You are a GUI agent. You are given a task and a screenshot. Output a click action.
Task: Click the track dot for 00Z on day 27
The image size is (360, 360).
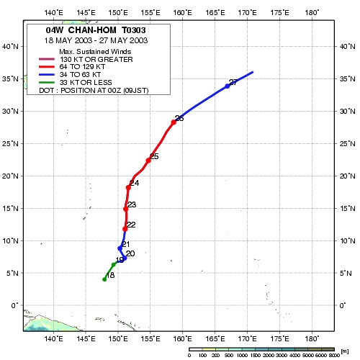(x=228, y=86)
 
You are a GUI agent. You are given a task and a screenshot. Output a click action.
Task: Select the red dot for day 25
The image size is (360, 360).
(x=148, y=161)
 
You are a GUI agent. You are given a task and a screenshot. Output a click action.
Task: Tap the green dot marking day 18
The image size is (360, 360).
(x=104, y=279)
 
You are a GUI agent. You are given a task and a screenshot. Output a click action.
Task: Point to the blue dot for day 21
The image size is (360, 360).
(x=120, y=248)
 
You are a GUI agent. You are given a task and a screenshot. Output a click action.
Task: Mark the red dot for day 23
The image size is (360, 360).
(x=125, y=209)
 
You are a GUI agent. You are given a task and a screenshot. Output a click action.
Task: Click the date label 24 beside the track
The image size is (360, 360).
(x=135, y=183)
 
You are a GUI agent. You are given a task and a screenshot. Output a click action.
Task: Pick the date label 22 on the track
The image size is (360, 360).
(x=131, y=225)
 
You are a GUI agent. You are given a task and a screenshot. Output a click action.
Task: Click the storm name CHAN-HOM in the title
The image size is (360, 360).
(x=92, y=30)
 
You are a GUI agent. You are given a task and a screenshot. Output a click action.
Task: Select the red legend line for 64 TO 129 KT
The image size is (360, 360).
(x=47, y=67)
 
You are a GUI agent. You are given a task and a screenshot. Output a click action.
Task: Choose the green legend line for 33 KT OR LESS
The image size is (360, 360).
(x=47, y=83)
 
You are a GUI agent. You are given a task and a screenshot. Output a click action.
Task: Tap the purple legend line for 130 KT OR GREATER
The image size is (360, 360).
(x=47, y=59)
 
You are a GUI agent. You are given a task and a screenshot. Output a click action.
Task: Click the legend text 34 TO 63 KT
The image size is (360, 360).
(x=80, y=75)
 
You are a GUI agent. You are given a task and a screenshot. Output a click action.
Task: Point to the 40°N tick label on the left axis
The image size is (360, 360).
(x=10, y=46)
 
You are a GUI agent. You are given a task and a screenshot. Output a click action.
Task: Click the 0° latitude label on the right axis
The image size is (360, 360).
(x=343, y=305)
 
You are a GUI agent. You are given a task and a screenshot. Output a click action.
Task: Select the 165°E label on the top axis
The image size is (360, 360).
(x=215, y=12)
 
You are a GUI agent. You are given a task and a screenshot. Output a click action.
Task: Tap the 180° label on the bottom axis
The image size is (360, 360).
(x=312, y=339)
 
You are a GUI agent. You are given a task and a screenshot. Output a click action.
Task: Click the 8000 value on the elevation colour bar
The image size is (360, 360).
(x=334, y=355)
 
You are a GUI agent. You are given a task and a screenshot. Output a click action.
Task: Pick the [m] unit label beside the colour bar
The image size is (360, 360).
(x=344, y=351)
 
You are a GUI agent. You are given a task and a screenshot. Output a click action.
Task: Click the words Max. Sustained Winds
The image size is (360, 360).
(x=95, y=52)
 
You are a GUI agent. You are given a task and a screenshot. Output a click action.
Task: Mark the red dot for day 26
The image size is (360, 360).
(x=174, y=122)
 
